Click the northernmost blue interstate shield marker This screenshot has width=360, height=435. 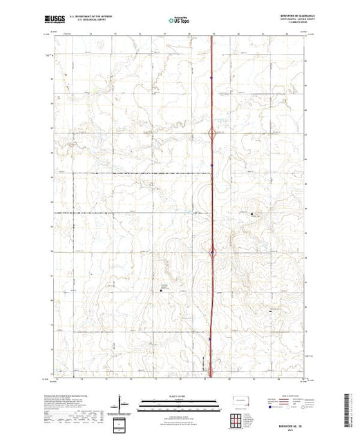tap(211, 77)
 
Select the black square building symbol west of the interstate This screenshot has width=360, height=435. tap(161, 291)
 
